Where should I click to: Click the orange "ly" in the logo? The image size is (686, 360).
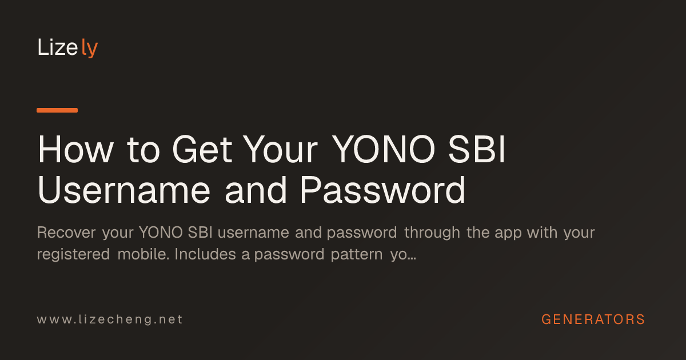point(90,48)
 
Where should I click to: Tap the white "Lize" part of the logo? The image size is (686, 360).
point(58,47)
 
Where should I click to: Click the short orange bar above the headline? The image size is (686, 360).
point(57,110)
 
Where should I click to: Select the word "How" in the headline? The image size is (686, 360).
point(75,149)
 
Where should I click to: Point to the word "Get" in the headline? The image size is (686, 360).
point(202,149)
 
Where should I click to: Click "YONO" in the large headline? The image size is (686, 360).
point(384,149)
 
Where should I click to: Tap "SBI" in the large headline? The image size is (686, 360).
point(477,149)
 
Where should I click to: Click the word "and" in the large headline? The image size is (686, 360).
point(256,190)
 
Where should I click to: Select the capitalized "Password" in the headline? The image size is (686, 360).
point(383,190)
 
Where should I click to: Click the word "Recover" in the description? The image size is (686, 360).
point(66,233)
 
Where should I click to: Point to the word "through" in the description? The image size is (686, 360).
point(432,233)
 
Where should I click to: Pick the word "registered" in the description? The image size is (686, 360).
point(74,255)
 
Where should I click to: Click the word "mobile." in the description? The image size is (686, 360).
point(143,254)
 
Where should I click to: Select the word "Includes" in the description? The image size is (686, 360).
point(205,254)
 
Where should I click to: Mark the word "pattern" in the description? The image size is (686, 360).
point(357,255)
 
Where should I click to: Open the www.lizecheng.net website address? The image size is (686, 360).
point(110,319)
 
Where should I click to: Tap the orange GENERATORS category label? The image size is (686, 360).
point(593,319)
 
